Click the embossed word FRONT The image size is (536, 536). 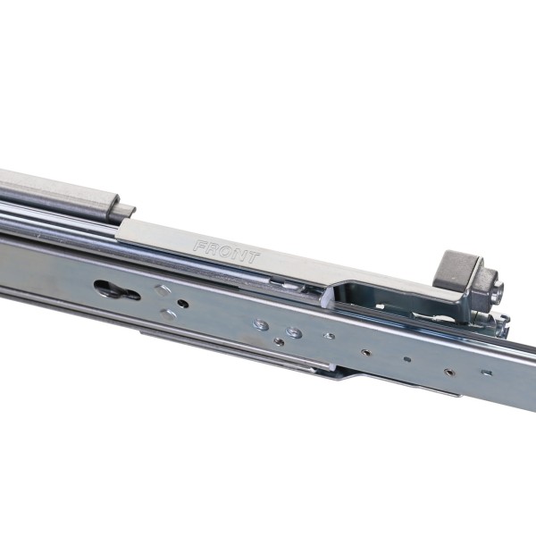pos(226,252)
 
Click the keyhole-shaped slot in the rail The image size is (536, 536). pos(116,289)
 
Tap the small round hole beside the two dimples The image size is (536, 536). pos(183,303)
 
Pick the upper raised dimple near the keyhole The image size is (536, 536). pos(163,290)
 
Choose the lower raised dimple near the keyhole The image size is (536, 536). pos(169,314)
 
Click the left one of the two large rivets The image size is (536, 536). pos(261,325)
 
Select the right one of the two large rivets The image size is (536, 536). pos(294,332)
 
